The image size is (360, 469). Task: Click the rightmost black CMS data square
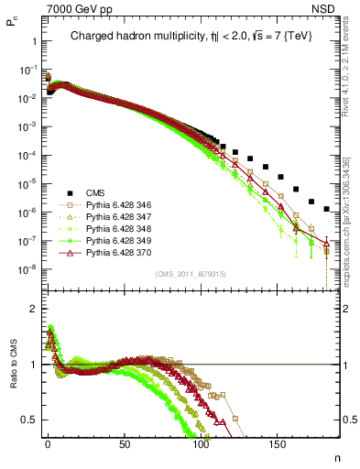[x=326, y=207]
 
